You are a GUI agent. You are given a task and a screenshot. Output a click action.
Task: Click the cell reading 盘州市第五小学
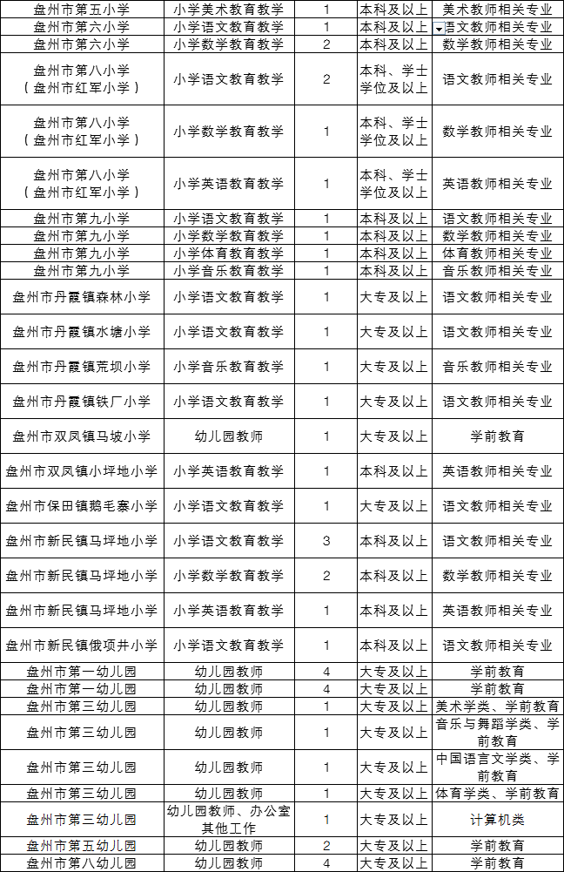pyautogui.click(x=81, y=10)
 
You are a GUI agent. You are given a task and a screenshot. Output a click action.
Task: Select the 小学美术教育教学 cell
pyautogui.click(x=228, y=10)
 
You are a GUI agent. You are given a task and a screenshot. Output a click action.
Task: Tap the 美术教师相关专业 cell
pyautogui.click(x=497, y=10)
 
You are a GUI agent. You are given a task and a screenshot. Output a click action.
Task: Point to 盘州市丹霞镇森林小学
pyautogui.click(x=81, y=297)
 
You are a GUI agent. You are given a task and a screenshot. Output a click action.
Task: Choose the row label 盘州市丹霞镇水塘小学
pyautogui.click(x=81, y=332)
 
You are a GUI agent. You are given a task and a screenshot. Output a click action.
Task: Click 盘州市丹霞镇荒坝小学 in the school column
pyautogui.click(x=81, y=367)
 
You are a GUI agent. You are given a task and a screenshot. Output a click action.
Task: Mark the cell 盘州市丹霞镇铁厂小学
pyautogui.click(x=81, y=402)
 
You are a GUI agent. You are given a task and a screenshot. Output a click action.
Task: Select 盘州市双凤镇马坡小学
pyautogui.click(x=81, y=436)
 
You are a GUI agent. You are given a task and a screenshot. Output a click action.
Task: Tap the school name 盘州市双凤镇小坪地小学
pyautogui.click(x=81, y=471)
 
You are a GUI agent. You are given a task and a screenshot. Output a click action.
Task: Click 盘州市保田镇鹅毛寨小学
pyautogui.click(x=81, y=506)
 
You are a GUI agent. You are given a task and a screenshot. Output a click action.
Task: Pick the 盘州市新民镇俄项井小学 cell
pyautogui.click(x=81, y=646)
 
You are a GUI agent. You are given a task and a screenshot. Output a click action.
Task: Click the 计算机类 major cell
pyautogui.click(x=497, y=820)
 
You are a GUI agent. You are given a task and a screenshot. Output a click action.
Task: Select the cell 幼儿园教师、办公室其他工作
pyautogui.click(x=228, y=820)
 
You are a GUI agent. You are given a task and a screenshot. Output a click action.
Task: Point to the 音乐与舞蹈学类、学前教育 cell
pyautogui.click(x=497, y=733)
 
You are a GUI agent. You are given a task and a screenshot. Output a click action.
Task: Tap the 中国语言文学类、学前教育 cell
pyautogui.click(x=497, y=767)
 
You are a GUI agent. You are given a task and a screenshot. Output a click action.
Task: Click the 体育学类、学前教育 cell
pyautogui.click(x=497, y=794)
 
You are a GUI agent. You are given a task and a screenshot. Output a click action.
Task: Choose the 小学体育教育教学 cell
pyautogui.click(x=228, y=253)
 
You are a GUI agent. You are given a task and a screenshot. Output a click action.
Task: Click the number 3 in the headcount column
pyautogui.click(x=326, y=541)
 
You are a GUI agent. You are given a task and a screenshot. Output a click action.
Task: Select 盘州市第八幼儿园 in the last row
pyautogui.click(x=81, y=863)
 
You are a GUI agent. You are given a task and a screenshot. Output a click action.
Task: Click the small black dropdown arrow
pyautogui.click(x=438, y=29)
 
